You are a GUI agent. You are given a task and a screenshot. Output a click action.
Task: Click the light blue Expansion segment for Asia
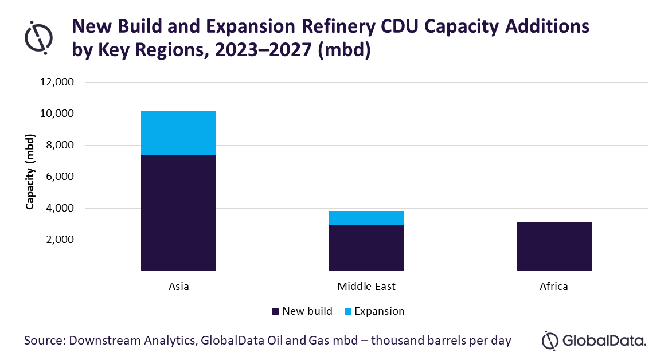[178, 133]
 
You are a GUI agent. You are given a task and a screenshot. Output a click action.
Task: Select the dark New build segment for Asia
[178, 212]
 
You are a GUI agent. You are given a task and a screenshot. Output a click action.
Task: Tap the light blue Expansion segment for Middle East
[366, 218]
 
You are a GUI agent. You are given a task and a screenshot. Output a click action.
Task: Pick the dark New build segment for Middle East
[366, 247]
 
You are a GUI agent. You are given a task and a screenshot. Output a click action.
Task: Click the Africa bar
[554, 246]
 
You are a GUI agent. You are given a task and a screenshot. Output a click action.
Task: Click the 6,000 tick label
[58, 177]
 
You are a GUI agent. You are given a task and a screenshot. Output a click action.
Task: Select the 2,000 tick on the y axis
[58, 240]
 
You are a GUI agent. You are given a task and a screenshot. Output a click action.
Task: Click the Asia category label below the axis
[178, 286]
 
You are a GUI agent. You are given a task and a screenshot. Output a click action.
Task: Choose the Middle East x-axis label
[366, 286]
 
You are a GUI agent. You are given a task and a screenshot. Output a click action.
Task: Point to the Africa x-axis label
[554, 286]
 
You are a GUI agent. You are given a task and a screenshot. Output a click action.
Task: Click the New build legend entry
[302, 311]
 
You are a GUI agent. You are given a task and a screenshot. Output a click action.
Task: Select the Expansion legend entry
[373, 311]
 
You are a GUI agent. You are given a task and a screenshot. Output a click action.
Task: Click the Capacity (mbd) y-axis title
[30, 172]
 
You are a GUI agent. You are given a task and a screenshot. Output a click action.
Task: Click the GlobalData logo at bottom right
[594, 341]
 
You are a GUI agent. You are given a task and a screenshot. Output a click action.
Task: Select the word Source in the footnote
[44, 341]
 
